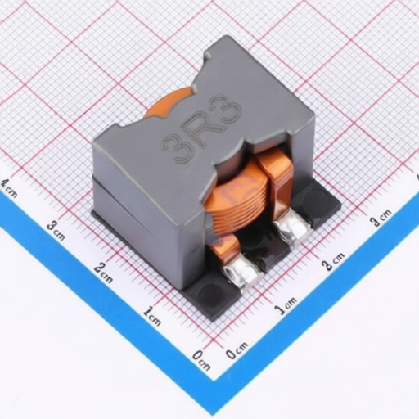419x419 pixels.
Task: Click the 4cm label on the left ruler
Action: click(x=9, y=188)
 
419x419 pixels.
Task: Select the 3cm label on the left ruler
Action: click(x=56, y=231)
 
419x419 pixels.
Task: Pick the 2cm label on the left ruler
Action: click(x=103, y=273)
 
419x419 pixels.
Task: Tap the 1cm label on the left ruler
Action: click(x=152, y=316)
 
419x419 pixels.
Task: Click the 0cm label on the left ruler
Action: click(x=201, y=360)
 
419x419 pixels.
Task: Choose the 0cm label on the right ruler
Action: click(x=237, y=349)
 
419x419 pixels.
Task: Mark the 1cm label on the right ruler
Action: click(x=286, y=305)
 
